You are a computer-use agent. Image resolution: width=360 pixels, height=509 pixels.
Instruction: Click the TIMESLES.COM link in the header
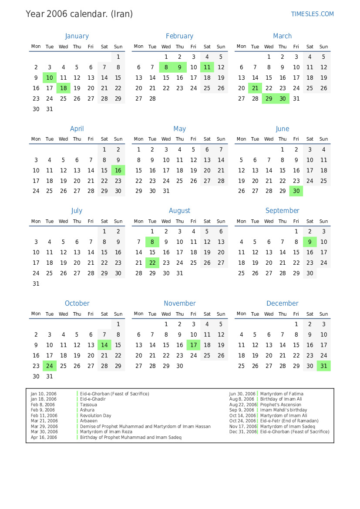(x=312, y=14)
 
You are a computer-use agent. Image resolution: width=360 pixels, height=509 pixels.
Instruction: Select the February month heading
(x=179, y=36)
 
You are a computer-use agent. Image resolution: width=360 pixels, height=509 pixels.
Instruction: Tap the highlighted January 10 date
(x=50, y=78)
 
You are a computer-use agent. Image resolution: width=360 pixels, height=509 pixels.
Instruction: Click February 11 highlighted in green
(x=207, y=67)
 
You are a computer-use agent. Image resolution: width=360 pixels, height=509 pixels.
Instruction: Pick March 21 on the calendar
(x=255, y=88)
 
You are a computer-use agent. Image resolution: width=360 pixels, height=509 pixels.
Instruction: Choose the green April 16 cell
(x=118, y=171)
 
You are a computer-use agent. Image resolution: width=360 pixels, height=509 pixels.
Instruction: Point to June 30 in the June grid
(x=296, y=191)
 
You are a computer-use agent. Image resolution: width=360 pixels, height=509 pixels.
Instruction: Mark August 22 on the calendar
(x=152, y=263)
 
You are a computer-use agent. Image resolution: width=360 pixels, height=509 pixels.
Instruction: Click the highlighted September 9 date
(x=310, y=242)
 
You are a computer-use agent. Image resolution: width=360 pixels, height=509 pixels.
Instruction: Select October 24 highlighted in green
(x=50, y=366)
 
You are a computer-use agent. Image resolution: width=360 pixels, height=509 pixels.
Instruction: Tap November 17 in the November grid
(x=193, y=345)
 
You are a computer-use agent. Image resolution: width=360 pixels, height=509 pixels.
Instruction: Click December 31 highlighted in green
(x=323, y=366)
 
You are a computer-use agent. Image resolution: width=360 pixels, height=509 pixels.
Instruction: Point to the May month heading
(x=179, y=129)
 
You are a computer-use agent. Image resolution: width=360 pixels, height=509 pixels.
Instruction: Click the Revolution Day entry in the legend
(x=95, y=415)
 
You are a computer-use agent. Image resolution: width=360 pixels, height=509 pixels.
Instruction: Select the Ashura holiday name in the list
(x=87, y=410)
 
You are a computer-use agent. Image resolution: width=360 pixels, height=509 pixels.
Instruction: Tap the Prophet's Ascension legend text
(x=281, y=405)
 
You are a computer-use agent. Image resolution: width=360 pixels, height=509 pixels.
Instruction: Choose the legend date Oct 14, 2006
(x=242, y=415)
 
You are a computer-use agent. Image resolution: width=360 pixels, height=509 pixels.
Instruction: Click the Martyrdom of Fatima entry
(x=282, y=394)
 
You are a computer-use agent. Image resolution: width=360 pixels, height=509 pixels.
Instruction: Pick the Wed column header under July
(x=63, y=221)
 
